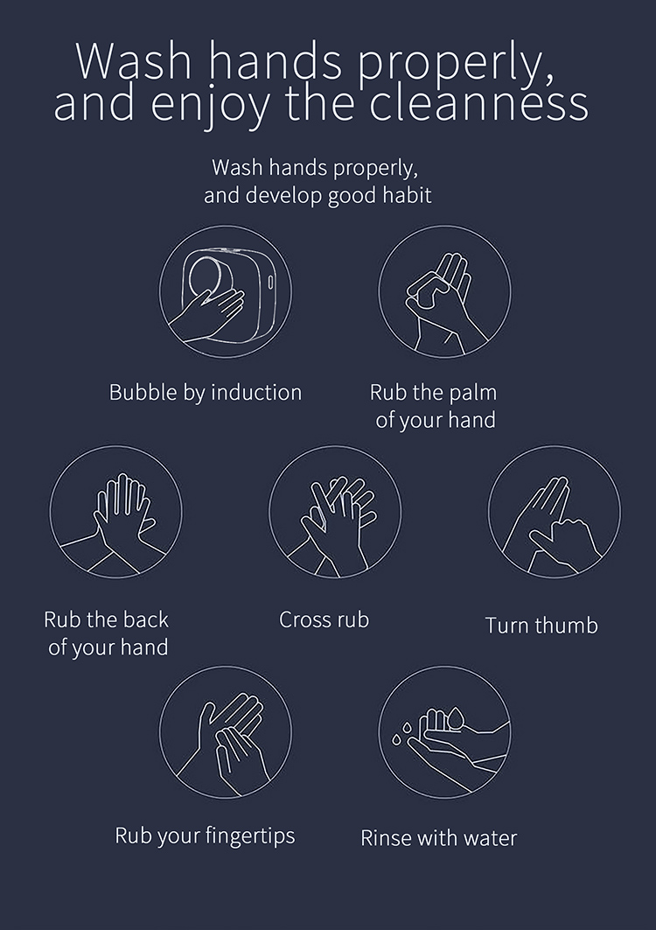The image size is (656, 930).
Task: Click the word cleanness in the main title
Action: (478, 104)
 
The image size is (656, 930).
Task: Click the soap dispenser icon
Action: (226, 291)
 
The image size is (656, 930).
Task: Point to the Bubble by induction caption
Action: (206, 393)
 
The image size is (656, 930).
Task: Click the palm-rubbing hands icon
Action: (444, 291)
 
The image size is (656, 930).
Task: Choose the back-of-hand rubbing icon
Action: (115, 512)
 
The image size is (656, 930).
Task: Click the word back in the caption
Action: (145, 619)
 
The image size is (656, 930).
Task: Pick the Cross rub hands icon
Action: (335, 512)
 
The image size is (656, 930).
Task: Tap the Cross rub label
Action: (324, 619)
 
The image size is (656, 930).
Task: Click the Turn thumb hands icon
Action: (555, 512)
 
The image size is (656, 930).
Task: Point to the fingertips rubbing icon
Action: (226, 732)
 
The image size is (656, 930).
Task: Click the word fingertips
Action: (249, 836)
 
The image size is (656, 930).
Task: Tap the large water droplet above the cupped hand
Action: (455, 717)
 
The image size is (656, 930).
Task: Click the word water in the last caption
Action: (490, 838)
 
